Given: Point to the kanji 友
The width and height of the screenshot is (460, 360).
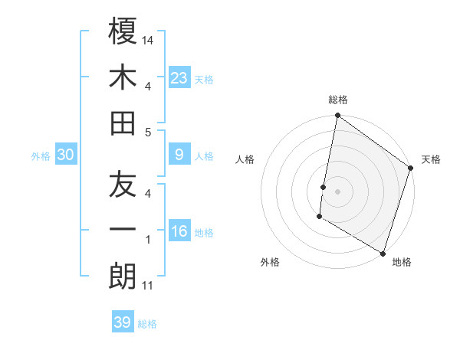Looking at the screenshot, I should point(123,184).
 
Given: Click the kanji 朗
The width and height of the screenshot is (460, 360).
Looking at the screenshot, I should point(123,276).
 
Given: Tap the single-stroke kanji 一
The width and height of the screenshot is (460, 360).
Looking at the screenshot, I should point(123,231).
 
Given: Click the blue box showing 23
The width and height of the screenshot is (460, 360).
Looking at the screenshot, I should point(179,77).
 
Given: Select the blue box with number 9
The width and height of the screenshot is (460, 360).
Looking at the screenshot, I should point(179,155).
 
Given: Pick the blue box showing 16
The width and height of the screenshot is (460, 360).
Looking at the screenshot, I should point(179,231).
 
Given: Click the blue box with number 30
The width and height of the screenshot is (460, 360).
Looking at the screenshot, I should point(65,155).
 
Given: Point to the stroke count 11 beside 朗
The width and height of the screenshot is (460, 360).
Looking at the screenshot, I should point(148,286).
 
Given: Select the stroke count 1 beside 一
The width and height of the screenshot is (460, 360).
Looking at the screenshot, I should point(148,240).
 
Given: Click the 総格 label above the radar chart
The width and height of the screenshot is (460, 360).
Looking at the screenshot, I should point(338,100).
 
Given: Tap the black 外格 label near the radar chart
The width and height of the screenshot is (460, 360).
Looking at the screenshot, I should point(270,262).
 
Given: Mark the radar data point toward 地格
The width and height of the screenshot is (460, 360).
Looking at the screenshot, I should point(382,253).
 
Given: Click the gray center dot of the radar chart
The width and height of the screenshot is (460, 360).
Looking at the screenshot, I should point(337,190).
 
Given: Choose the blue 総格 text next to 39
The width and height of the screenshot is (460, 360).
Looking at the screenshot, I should point(147,324).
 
